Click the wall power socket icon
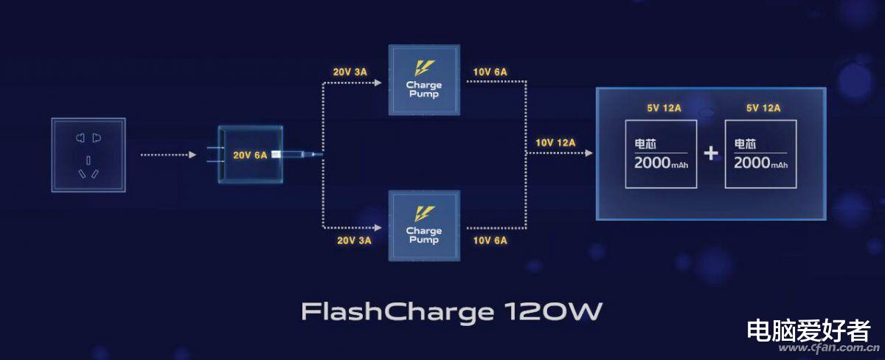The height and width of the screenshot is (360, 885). click(88, 155)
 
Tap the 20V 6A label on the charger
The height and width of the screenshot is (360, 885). click(250, 155)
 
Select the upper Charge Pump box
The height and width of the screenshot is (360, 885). click(424, 80)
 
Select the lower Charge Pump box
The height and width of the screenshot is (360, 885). click(424, 226)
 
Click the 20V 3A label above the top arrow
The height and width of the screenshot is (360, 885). click(350, 72)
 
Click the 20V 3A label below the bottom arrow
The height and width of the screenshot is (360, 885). click(354, 240)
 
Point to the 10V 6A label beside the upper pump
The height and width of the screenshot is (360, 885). click(490, 72)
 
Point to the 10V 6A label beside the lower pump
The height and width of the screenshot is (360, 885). click(490, 240)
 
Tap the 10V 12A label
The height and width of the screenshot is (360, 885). click(555, 142)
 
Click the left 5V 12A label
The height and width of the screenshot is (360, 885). click(664, 108)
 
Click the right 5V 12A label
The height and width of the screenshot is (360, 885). click(763, 108)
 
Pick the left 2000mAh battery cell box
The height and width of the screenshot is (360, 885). click(661, 154)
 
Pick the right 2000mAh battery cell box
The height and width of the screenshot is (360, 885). click(760, 154)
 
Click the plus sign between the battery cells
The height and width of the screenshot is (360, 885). click(711, 153)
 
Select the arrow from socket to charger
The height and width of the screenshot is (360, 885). click(169, 154)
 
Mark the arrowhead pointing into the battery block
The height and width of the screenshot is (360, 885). click(589, 153)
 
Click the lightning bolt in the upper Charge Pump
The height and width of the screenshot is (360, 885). click(424, 68)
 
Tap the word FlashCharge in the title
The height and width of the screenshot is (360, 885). click(398, 312)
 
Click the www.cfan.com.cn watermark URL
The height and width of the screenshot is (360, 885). click(829, 347)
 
